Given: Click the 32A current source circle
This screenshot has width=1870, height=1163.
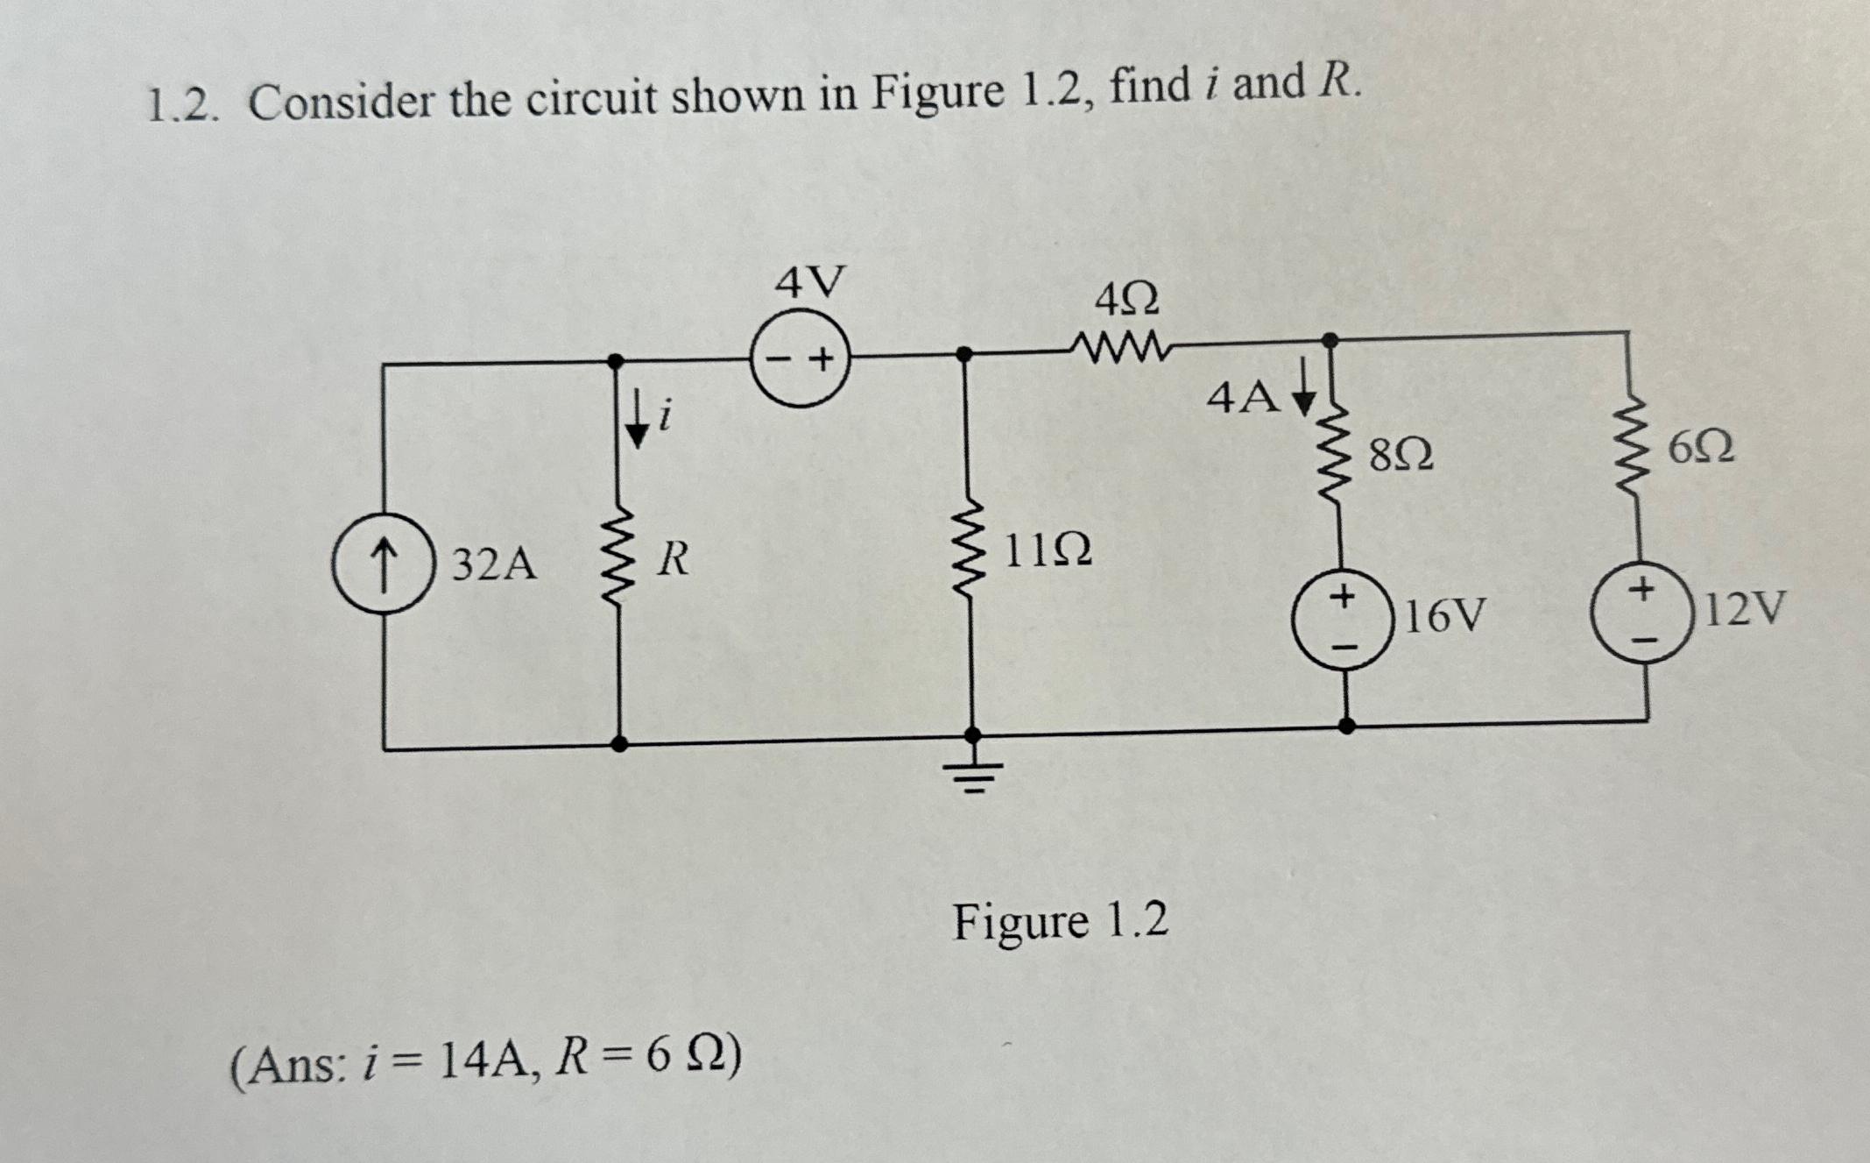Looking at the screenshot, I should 383,563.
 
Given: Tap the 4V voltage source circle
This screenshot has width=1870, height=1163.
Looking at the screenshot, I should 800,359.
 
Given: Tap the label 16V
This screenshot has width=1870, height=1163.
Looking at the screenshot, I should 1445,616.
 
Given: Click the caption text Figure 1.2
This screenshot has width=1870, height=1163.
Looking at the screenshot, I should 1060,922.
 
